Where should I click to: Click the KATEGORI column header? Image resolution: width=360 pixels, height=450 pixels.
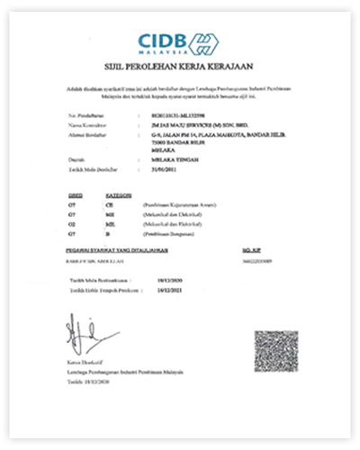(120, 193)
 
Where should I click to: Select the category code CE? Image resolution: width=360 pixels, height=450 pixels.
(113, 206)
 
